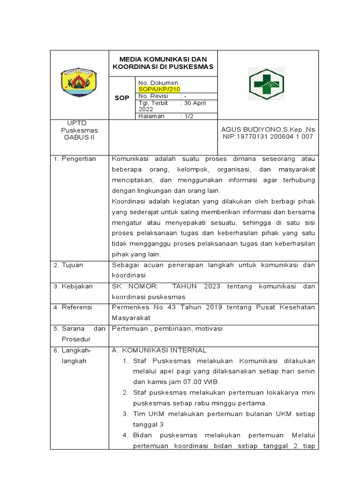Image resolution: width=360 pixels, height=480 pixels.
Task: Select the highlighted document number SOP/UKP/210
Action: pos(159,89)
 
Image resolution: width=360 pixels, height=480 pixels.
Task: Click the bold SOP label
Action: pos(122,98)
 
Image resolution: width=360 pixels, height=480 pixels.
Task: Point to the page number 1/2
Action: pos(188,116)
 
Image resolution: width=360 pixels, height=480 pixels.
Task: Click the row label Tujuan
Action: pos(74,265)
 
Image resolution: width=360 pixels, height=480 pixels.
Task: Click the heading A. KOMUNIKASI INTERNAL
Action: pos(159,350)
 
